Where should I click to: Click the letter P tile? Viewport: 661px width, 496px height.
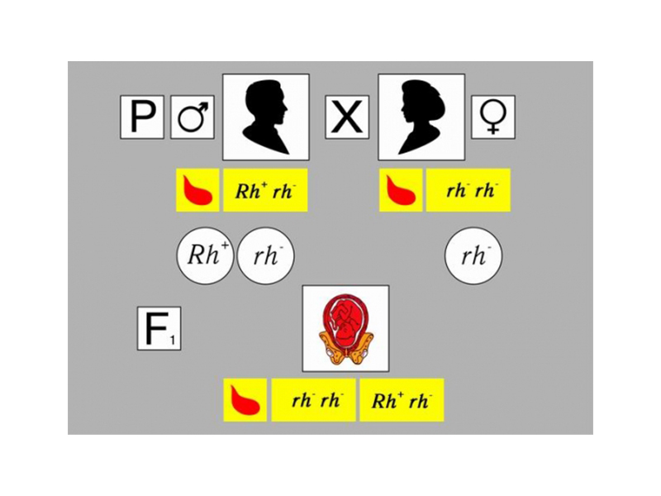click(142, 117)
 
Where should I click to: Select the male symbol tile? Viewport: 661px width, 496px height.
click(193, 117)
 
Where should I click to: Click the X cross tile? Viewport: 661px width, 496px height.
click(347, 117)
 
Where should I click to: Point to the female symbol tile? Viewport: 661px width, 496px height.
click(492, 117)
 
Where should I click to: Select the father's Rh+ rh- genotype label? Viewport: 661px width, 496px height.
click(265, 190)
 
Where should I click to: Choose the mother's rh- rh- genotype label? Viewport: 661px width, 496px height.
click(468, 190)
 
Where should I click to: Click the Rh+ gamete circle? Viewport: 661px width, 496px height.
click(205, 255)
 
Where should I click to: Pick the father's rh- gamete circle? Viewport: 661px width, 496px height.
click(265, 255)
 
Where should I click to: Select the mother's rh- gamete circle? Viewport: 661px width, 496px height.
click(473, 255)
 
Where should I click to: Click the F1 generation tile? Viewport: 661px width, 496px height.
click(159, 328)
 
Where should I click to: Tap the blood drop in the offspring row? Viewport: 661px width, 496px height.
click(245, 400)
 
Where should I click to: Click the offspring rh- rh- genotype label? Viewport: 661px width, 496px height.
click(314, 400)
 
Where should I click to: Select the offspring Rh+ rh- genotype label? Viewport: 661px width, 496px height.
click(402, 400)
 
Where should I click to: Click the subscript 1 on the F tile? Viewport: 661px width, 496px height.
click(173, 340)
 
